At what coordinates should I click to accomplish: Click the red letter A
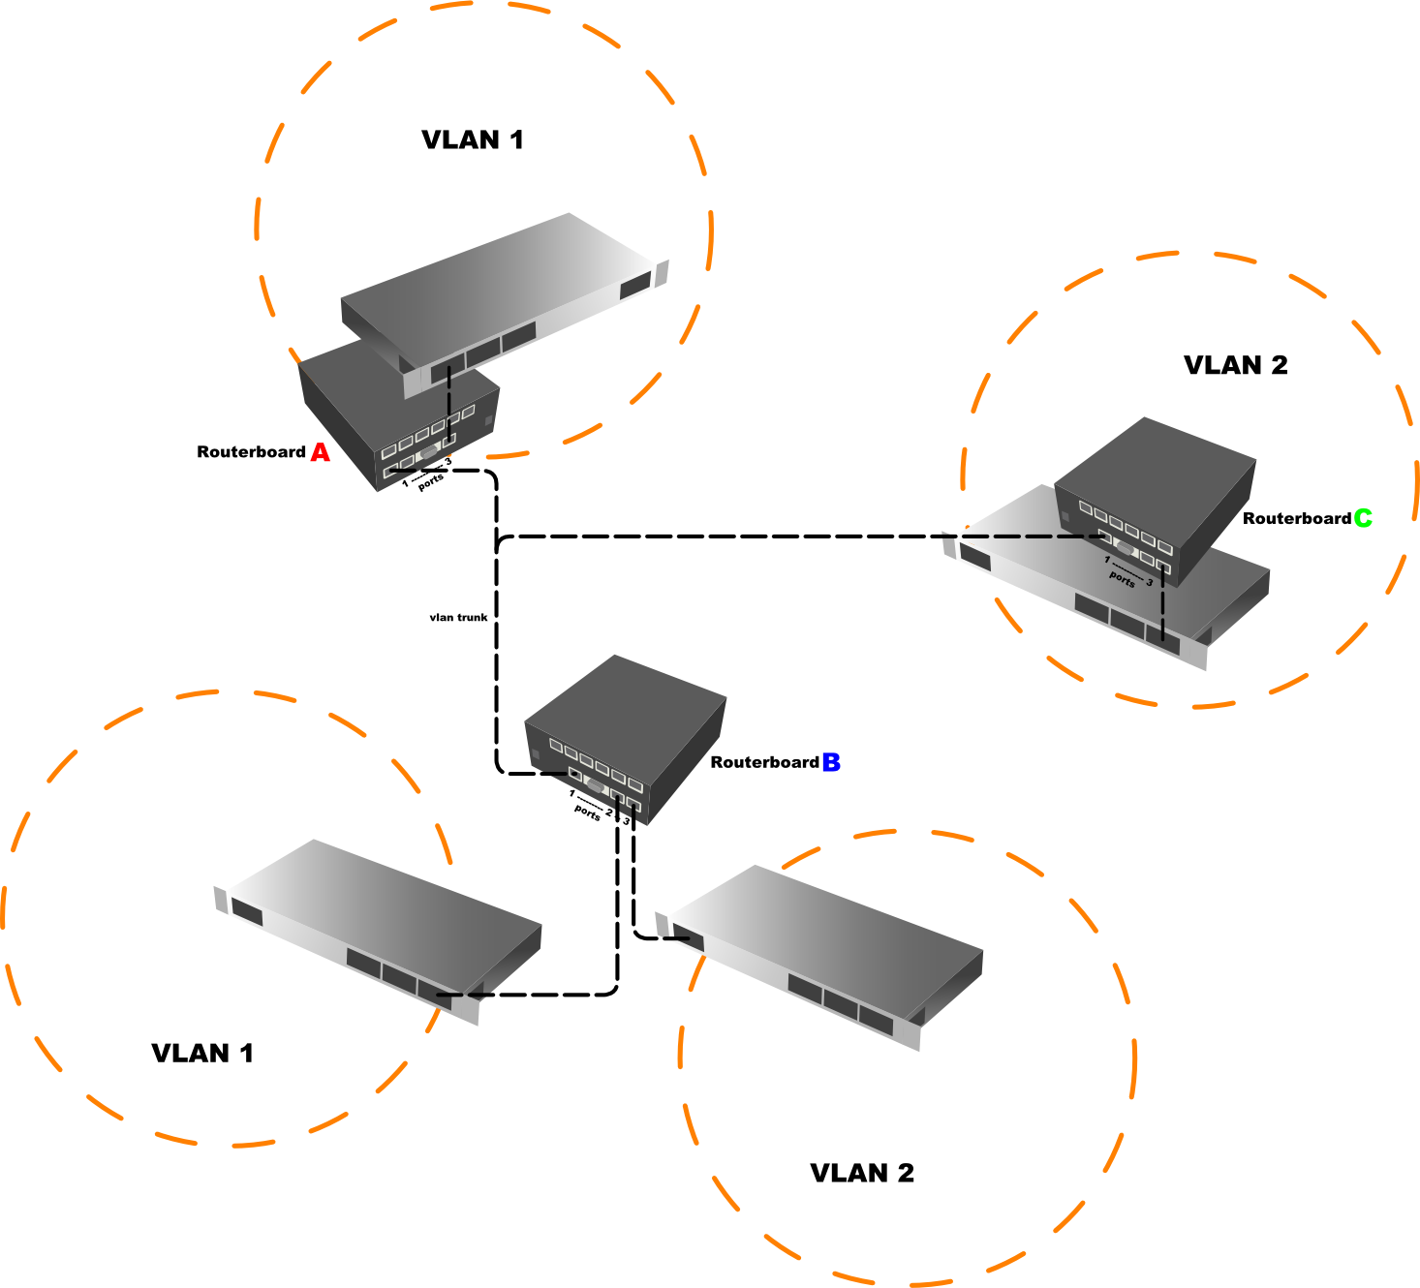[320, 452]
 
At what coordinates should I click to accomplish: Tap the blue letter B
[831, 762]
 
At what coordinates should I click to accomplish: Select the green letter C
[1363, 518]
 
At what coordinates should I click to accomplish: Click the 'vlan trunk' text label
[458, 617]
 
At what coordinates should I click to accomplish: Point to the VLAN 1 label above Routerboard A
[473, 140]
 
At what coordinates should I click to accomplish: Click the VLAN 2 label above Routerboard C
[1236, 365]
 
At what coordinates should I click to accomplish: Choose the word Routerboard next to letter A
[251, 452]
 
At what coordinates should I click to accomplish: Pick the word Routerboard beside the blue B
[764, 762]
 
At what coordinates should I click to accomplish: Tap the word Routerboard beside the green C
[1296, 519]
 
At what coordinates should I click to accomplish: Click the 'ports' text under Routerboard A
[430, 481]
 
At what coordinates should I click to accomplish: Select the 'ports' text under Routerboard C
[1122, 578]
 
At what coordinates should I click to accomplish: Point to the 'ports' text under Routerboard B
[587, 813]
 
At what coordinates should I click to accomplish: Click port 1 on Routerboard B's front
[574, 775]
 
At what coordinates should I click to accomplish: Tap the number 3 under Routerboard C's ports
[1150, 582]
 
